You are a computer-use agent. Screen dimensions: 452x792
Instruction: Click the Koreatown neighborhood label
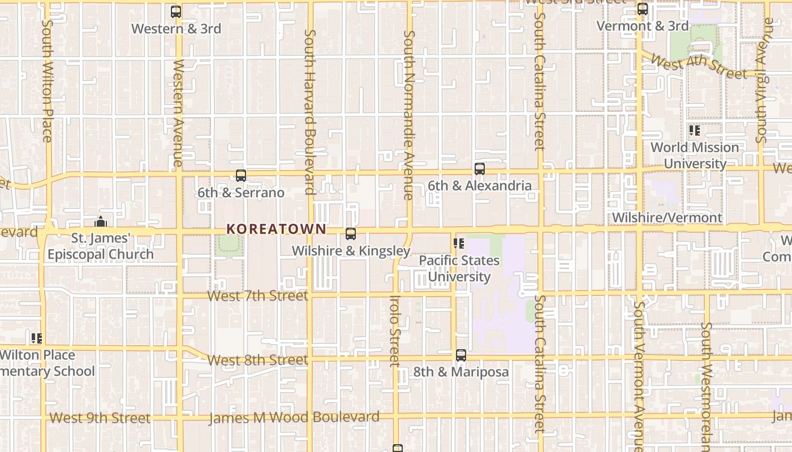tap(276, 229)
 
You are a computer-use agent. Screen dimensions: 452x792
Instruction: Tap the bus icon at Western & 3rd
tap(176, 11)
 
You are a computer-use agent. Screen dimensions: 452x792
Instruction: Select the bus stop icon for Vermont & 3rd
tap(643, 9)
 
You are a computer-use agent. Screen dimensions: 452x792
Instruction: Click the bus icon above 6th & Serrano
tap(241, 176)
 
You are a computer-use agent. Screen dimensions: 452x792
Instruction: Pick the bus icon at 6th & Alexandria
tap(480, 168)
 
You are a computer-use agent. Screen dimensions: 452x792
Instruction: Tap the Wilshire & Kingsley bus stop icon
tap(351, 234)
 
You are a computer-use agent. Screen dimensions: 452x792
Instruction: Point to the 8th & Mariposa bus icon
tap(461, 355)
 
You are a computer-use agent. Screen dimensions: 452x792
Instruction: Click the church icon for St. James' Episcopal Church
tap(101, 221)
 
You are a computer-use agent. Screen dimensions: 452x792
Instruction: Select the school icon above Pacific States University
tap(459, 244)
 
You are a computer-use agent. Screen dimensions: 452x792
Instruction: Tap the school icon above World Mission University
tap(695, 131)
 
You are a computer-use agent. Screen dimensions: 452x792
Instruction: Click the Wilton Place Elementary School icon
tap(37, 338)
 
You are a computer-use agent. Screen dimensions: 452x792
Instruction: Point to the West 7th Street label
tap(258, 295)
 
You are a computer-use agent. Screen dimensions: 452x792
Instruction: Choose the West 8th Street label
tap(258, 360)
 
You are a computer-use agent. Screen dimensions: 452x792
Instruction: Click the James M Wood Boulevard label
tap(294, 418)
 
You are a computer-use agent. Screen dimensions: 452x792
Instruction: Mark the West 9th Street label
tap(100, 418)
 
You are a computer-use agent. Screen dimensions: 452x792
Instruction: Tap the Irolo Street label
tap(395, 331)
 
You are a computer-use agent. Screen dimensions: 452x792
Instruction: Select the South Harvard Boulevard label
tap(309, 112)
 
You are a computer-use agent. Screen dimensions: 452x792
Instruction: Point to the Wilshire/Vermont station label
tap(667, 218)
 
